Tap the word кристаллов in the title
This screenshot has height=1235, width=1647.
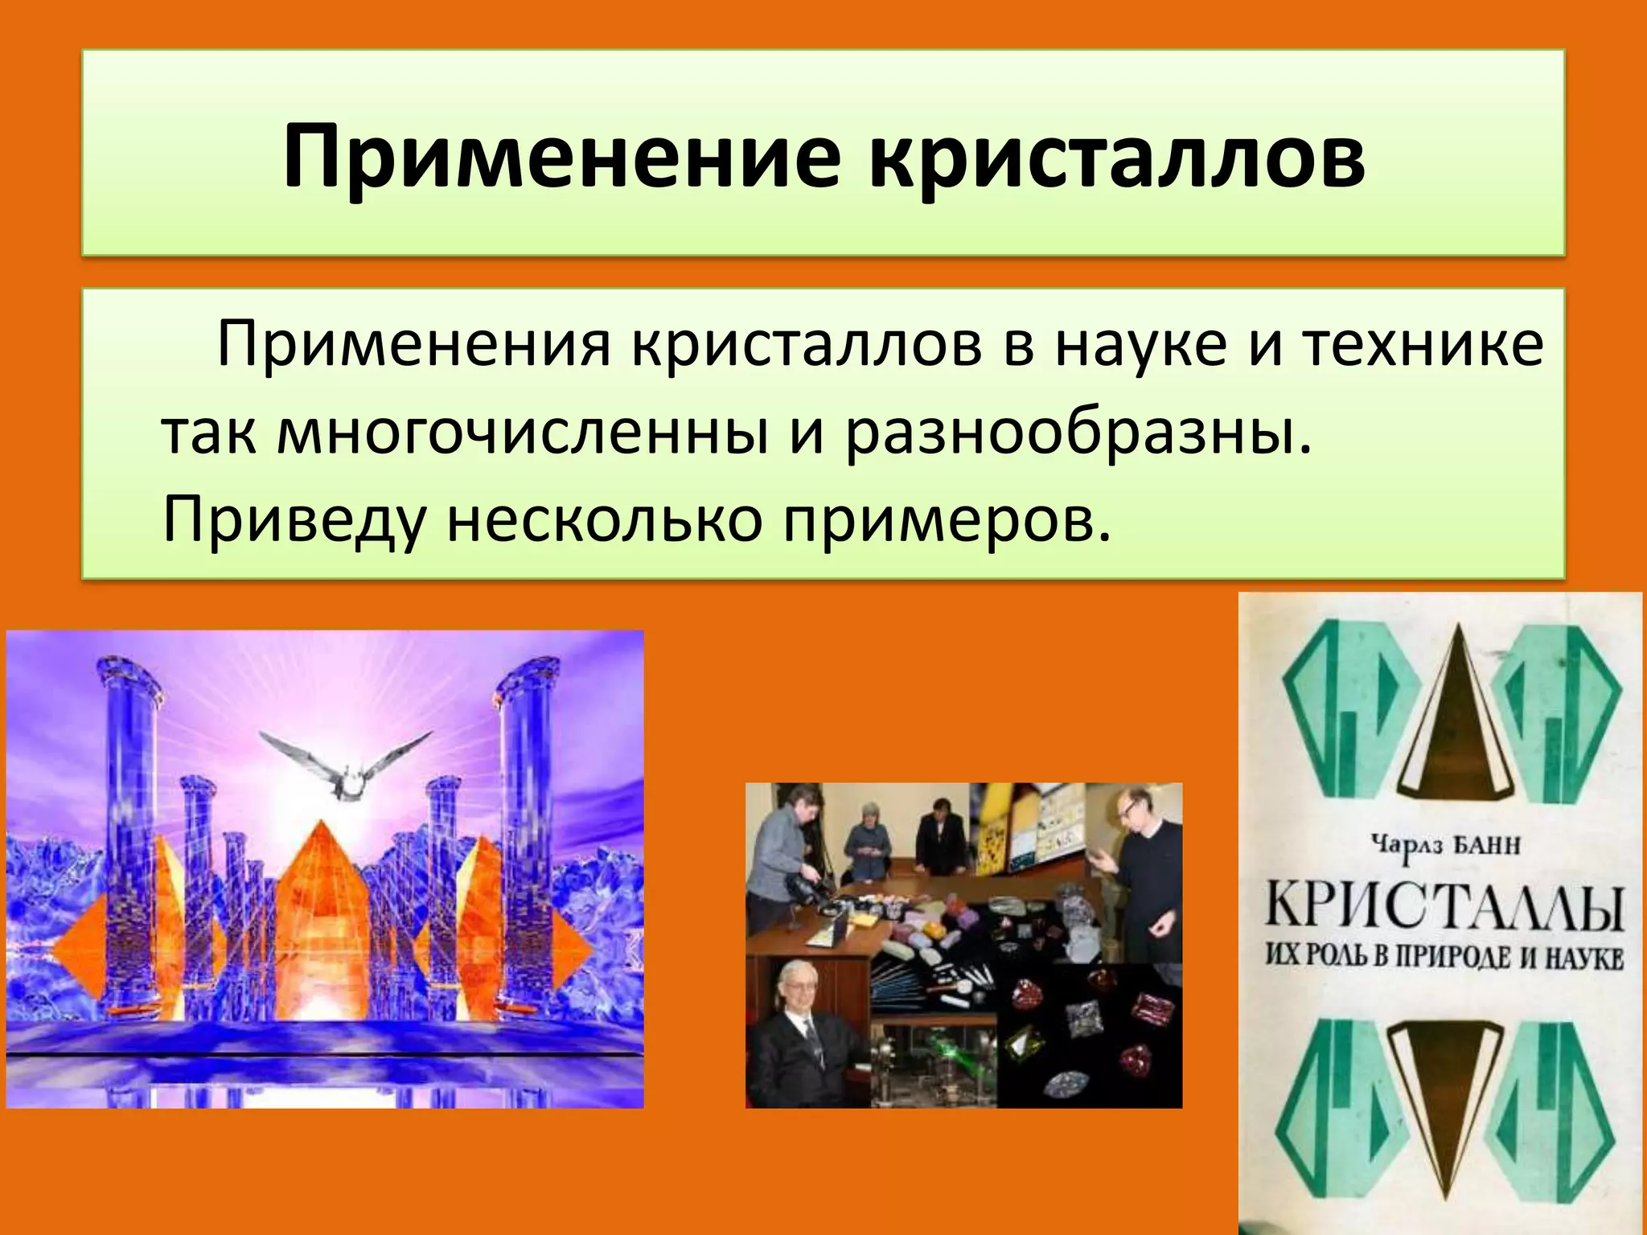tap(1118, 156)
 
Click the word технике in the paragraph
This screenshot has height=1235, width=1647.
tap(1423, 347)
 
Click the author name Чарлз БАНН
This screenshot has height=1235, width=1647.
tap(1444, 847)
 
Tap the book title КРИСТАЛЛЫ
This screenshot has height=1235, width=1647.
tap(1444, 908)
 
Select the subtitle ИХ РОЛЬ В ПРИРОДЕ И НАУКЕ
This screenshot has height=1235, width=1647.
tap(1444, 958)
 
